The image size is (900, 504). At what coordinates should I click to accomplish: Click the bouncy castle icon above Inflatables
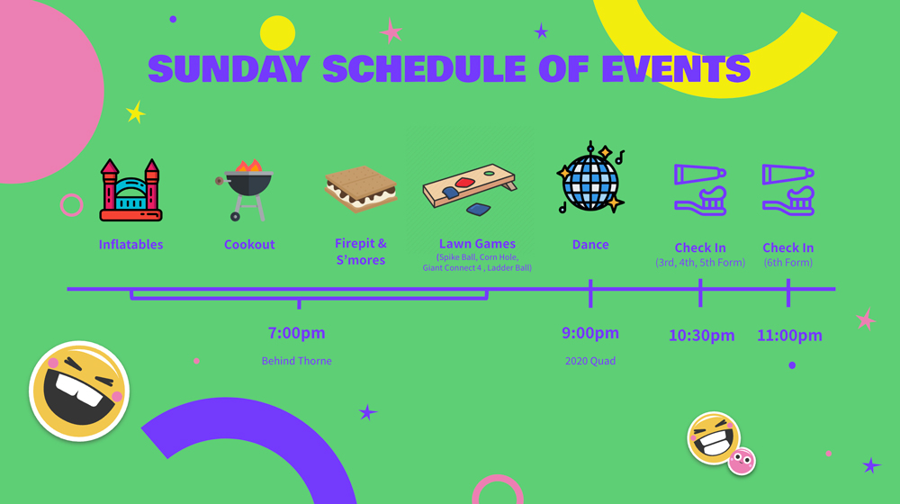(x=130, y=190)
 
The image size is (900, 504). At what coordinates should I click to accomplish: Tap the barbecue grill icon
(x=245, y=190)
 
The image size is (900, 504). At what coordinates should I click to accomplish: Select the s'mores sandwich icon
(x=361, y=189)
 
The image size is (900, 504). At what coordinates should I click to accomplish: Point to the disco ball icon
(x=590, y=178)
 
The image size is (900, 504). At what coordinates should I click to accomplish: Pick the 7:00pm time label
(x=297, y=333)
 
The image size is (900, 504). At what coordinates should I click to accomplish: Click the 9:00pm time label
(x=590, y=333)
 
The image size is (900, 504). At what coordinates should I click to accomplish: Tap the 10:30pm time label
(x=701, y=335)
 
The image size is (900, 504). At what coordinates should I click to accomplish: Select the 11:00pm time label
(x=789, y=335)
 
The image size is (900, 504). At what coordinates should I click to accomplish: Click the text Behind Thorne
(x=297, y=361)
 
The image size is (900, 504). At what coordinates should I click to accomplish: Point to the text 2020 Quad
(x=590, y=361)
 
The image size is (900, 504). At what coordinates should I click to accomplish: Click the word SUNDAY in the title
(x=229, y=69)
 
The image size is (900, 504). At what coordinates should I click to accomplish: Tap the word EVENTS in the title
(x=676, y=69)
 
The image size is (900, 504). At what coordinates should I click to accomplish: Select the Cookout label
(x=249, y=245)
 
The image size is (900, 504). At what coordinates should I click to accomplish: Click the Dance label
(x=590, y=245)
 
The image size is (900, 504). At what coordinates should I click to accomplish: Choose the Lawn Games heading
(x=477, y=244)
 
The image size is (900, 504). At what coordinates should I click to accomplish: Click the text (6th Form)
(x=788, y=263)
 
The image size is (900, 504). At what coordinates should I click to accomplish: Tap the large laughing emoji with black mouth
(x=79, y=391)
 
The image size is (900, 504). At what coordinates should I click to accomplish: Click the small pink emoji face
(x=742, y=461)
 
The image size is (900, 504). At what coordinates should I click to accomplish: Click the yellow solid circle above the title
(x=277, y=33)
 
